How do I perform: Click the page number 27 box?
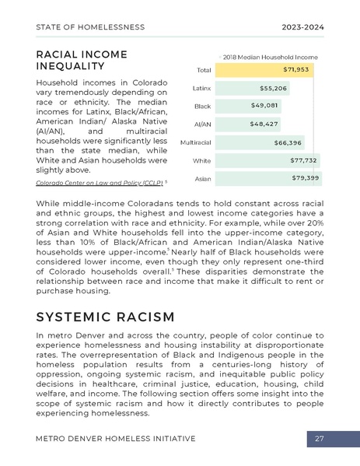pos(320,439)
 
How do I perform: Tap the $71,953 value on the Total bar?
pos(296,69)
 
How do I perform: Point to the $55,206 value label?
pos(273,88)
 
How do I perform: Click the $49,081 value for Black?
pos(264,105)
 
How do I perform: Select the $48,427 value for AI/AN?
pos(264,124)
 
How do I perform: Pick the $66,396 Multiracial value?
pos(288,142)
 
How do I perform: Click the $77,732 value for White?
pos(303,160)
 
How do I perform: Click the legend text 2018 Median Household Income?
pos(271,56)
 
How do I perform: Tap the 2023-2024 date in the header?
pos(303,27)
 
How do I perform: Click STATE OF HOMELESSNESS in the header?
pos(90,27)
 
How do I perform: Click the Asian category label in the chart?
pos(202,179)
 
